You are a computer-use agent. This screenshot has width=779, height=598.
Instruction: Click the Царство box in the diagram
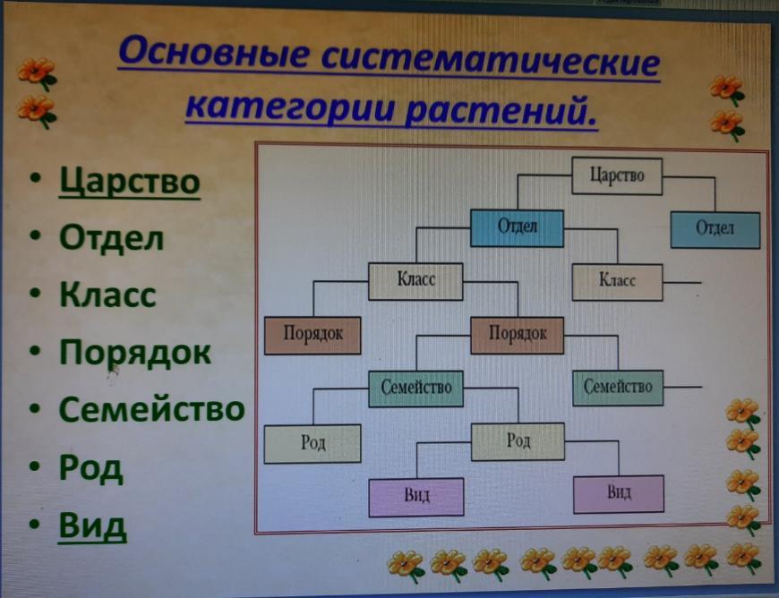click(617, 175)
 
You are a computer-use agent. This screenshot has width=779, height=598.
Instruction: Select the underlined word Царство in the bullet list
click(130, 183)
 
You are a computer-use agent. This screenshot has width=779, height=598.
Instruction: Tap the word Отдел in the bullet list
click(111, 237)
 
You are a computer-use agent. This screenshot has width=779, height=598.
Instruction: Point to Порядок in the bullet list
click(135, 353)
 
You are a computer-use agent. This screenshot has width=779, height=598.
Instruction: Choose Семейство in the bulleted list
click(152, 409)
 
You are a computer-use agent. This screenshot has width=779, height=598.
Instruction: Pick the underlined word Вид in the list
click(92, 525)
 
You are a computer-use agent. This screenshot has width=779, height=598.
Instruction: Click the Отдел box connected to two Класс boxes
click(517, 228)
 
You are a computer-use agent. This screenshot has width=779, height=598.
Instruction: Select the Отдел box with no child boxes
click(715, 229)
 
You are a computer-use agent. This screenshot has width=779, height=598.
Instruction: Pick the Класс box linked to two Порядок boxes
click(415, 282)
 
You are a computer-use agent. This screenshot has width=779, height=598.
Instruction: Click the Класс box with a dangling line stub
click(617, 282)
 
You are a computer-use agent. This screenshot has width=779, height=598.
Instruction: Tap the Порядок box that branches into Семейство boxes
click(518, 336)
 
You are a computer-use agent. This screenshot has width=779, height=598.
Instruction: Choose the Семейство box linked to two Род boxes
click(415, 389)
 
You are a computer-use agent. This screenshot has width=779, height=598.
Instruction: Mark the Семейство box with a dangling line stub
click(618, 388)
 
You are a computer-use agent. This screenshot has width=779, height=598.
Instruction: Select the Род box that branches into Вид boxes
click(518, 441)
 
